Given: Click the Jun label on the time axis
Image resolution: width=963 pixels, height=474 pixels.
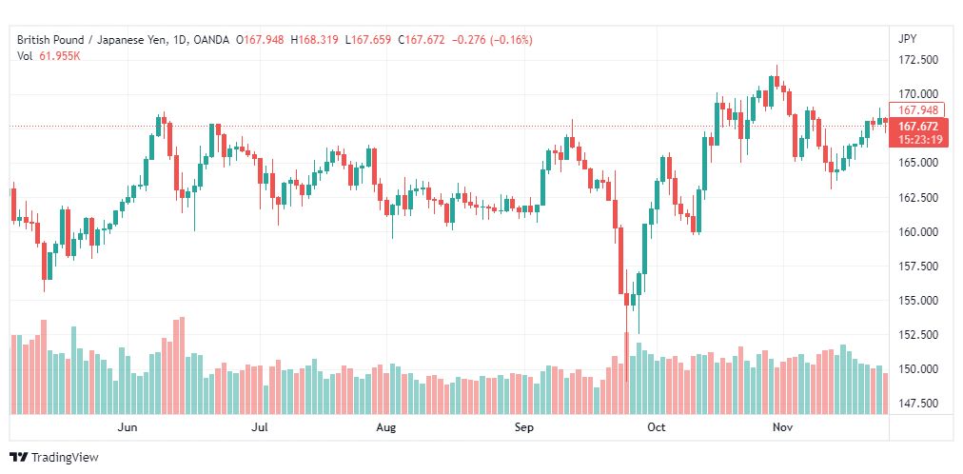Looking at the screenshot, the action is click(128, 427).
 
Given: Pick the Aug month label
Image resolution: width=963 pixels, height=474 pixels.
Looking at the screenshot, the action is click(386, 427).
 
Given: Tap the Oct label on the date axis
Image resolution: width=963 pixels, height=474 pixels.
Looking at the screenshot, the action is click(657, 427).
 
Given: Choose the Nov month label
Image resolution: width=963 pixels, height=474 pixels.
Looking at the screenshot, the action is click(782, 427).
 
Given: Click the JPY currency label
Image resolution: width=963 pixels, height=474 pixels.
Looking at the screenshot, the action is click(907, 39).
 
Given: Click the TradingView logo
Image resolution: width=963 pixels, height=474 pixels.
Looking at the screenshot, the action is click(54, 458).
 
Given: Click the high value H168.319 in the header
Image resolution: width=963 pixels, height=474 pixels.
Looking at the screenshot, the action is click(314, 40).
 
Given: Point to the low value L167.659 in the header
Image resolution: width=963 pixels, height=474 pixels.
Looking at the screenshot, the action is click(368, 40).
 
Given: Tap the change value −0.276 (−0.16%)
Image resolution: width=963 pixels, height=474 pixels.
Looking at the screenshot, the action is click(492, 40).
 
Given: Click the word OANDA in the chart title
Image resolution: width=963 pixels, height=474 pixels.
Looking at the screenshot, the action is click(212, 40).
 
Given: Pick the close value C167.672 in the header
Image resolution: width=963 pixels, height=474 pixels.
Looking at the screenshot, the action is click(421, 40).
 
